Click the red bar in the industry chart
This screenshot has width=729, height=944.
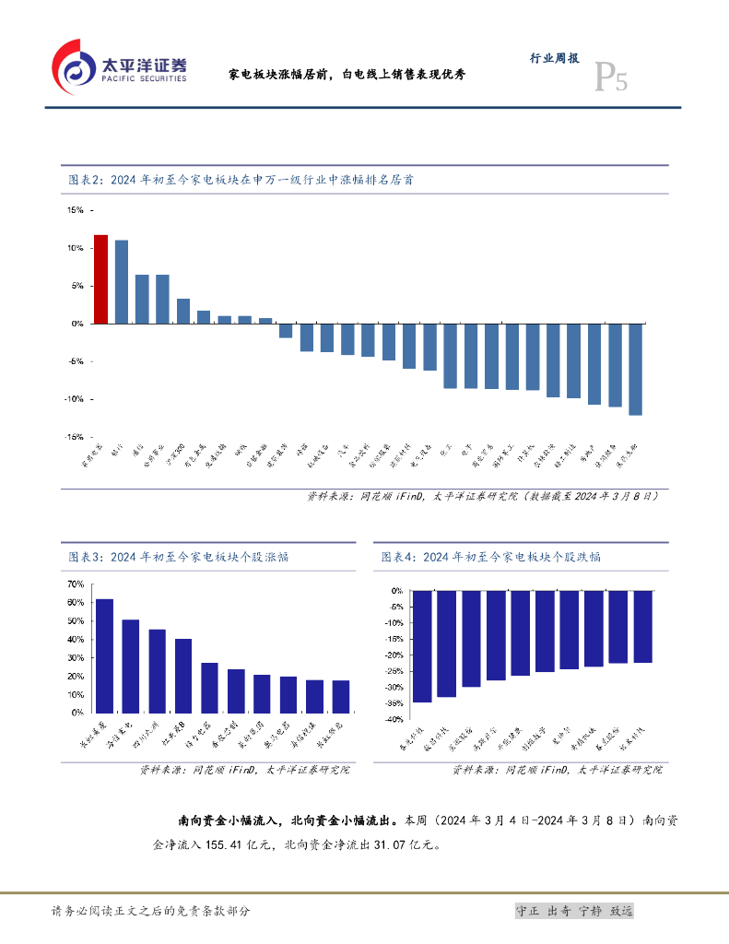click(100, 279)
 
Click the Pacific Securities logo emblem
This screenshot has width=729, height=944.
click(74, 66)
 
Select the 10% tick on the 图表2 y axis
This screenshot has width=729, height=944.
click(75, 248)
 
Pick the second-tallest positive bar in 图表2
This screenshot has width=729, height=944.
click(121, 282)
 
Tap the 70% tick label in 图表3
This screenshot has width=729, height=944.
click(76, 584)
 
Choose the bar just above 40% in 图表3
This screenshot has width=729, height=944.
click(183, 676)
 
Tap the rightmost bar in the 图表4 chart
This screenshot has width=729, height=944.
click(642, 626)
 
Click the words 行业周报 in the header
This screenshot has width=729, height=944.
click(554, 58)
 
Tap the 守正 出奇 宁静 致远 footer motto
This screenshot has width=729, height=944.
click(574, 911)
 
